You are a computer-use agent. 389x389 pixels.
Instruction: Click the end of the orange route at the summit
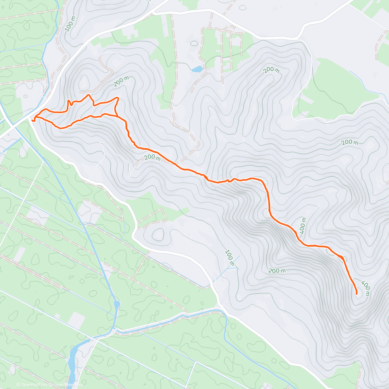tap(357, 294)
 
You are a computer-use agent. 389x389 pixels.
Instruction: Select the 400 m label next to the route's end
tap(365, 288)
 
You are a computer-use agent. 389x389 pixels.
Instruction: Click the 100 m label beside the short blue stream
tap(230, 258)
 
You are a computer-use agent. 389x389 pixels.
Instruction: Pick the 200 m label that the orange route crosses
tap(152, 158)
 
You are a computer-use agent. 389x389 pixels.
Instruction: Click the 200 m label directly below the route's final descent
tap(277, 271)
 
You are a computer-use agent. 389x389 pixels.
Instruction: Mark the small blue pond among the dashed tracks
tap(197, 69)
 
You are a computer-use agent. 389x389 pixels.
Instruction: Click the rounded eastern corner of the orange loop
tap(118, 98)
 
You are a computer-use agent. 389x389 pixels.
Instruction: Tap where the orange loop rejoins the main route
tap(116, 115)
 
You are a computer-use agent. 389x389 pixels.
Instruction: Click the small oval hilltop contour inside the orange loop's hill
tap(84, 81)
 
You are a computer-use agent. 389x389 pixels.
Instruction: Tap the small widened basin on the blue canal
tap(117, 305)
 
